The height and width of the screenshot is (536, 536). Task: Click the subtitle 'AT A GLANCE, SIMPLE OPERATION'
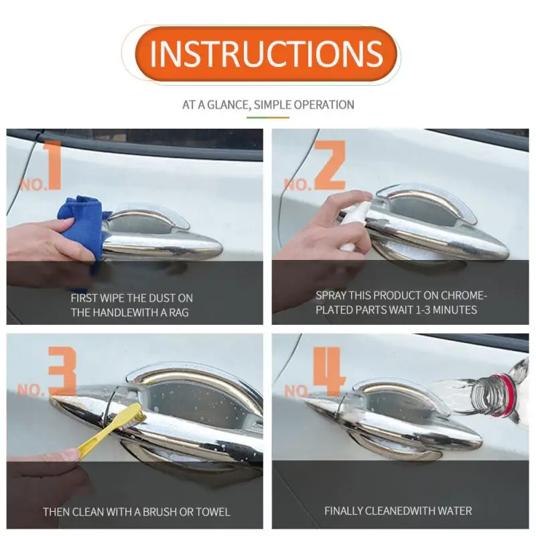(x=268, y=105)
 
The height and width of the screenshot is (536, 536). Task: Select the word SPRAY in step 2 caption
(x=331, y=295)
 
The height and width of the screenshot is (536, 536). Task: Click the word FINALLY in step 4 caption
(x=345, y=511)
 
